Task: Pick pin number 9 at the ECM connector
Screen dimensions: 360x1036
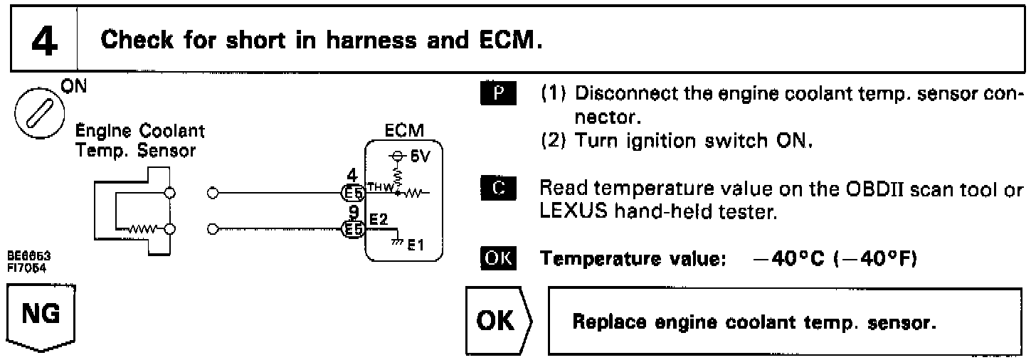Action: (x=351, y=211)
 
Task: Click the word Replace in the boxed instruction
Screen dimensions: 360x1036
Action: (x=604, y=322)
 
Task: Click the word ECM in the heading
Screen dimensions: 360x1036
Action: (x=504, y=38)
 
